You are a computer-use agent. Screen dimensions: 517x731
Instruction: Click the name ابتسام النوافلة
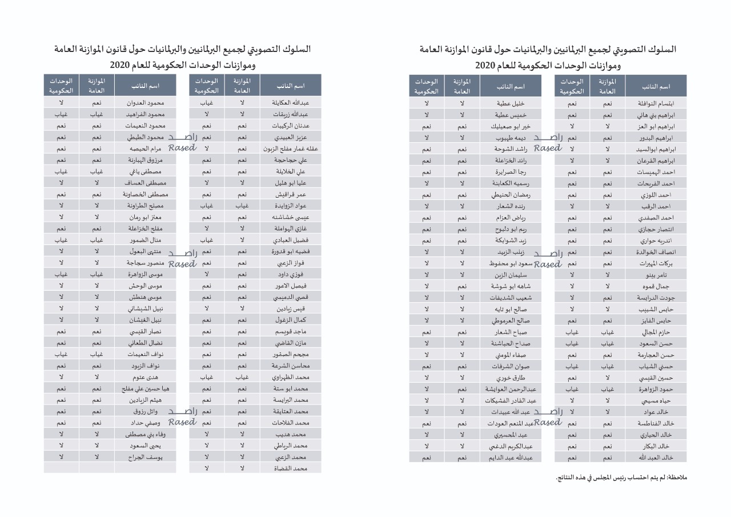[x=656, y=103]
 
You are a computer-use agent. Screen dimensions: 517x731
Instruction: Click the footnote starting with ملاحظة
[x=621, y=477]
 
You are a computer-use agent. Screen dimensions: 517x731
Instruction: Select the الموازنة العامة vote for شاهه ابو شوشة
[x=462, y=286]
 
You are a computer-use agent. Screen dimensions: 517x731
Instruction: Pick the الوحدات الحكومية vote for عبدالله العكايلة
[x=207, y=103]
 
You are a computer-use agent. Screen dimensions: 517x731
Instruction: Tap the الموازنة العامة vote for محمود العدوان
[x=97, y=103]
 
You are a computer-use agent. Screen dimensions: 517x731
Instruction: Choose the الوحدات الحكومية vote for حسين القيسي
[x=572, y=378]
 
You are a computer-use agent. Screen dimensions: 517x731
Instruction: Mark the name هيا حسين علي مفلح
[x=143, y=388]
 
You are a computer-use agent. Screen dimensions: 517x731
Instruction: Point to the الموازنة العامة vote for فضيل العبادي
[x=242, y=240]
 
